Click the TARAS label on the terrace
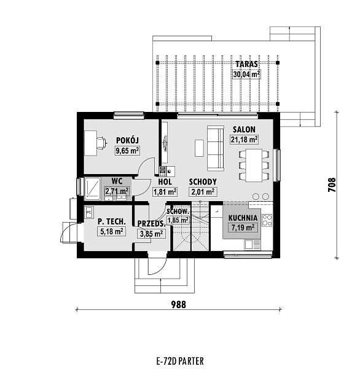[246, 64]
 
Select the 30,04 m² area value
[246, 74]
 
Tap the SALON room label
[244, 129]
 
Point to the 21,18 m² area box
[244, 140]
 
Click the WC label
[117, 181]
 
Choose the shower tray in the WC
[93, 187]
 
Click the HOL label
[164, 181]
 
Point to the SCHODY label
[202, 181]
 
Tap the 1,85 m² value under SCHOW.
[178, 220]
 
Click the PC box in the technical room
[88, 212]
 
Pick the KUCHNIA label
[243, 218]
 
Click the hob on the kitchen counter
[260, 196]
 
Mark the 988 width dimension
[179, 303]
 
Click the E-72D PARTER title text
[179, 360]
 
